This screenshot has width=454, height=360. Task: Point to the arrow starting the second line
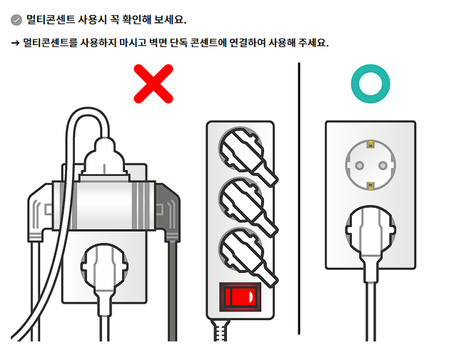(15, 43)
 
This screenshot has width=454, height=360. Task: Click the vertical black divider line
(299, 200)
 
